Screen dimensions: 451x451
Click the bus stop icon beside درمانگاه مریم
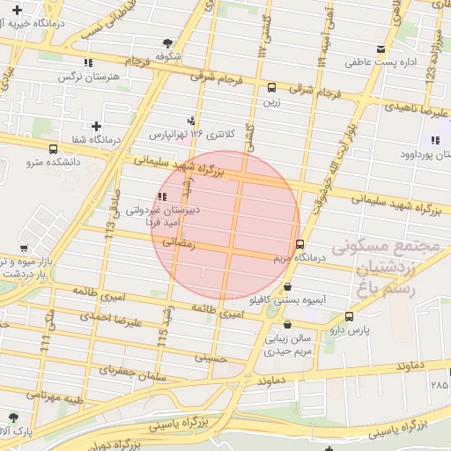[x=300, y=244]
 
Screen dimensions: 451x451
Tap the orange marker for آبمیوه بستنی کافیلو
[x=288, y=287]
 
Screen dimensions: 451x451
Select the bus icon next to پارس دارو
[x=350, y=316]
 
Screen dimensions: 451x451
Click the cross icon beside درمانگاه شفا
[x=95, y=127]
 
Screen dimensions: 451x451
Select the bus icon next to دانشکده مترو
[x=54, y=149]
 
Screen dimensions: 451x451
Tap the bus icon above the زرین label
[x=271, y=87]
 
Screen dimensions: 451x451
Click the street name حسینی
[x=211, y=358]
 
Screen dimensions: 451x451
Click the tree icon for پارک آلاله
[x=12, y=417]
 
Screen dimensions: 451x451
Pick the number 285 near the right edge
[x=439, y=385]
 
